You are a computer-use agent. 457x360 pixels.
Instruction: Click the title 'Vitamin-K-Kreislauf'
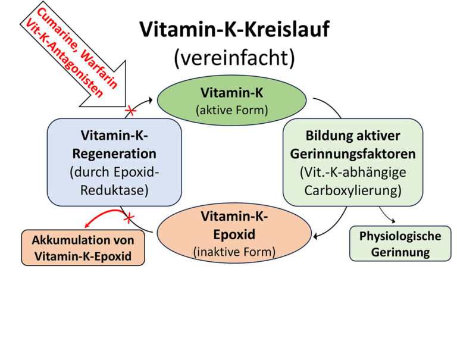tap(234, 30)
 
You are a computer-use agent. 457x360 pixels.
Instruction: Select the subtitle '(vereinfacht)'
tap(234, 58)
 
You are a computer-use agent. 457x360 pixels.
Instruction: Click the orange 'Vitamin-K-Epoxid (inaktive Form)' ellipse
tap(234, 233)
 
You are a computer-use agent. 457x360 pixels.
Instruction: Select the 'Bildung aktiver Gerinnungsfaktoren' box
tap(353, 162)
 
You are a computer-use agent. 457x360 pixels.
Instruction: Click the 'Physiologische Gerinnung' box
tap(400, 243)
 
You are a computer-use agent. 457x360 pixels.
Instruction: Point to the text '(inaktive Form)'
tap(234, 252)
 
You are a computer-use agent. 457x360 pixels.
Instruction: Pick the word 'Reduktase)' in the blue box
tap(114, 190)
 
